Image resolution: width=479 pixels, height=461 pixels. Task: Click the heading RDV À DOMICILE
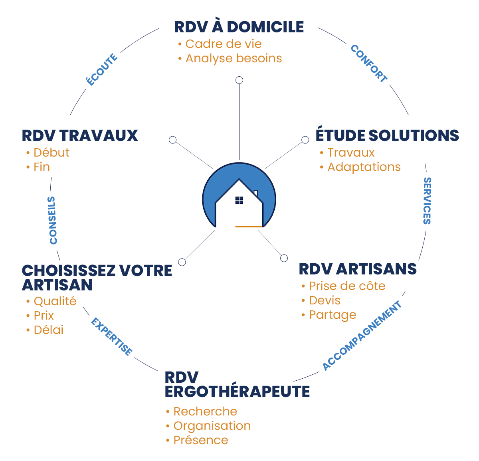(x=239, y=27)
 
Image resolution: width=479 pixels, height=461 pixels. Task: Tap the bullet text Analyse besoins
(x=234, y=58)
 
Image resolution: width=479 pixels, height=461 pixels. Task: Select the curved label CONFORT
(x=369, y=64)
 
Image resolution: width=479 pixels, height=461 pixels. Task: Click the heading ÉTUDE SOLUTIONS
(x=387, y=135)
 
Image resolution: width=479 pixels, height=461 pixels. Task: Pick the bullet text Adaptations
(x=364, y=167)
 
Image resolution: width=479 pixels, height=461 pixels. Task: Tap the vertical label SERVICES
(x=427, y=201)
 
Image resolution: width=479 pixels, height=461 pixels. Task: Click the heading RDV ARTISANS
(x=358, y=269)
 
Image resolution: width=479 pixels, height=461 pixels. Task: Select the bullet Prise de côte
(x=347, y=286)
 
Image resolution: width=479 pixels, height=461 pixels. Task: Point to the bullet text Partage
(x=333, y=315)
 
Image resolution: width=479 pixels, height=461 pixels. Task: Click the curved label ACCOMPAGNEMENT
(x=362, y=336)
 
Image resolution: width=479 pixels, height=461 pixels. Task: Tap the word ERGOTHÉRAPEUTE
(x=237, y=392)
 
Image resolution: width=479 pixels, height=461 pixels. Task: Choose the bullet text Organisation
(x=212, y=426)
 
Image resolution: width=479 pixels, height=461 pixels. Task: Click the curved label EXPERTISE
(x=111, y=336)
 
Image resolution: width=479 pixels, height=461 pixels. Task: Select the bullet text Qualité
(x=55, y=301)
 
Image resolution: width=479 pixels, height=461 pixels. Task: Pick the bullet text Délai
(x=48, y=330)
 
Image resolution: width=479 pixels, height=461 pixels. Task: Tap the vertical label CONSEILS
(x=53, y=220)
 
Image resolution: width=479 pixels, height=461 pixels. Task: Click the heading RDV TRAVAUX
(x=80, y=136)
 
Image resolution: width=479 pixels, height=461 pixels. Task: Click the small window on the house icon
(x=239, y=200)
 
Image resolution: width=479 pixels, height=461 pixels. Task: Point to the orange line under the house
(x=249, y=227)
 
